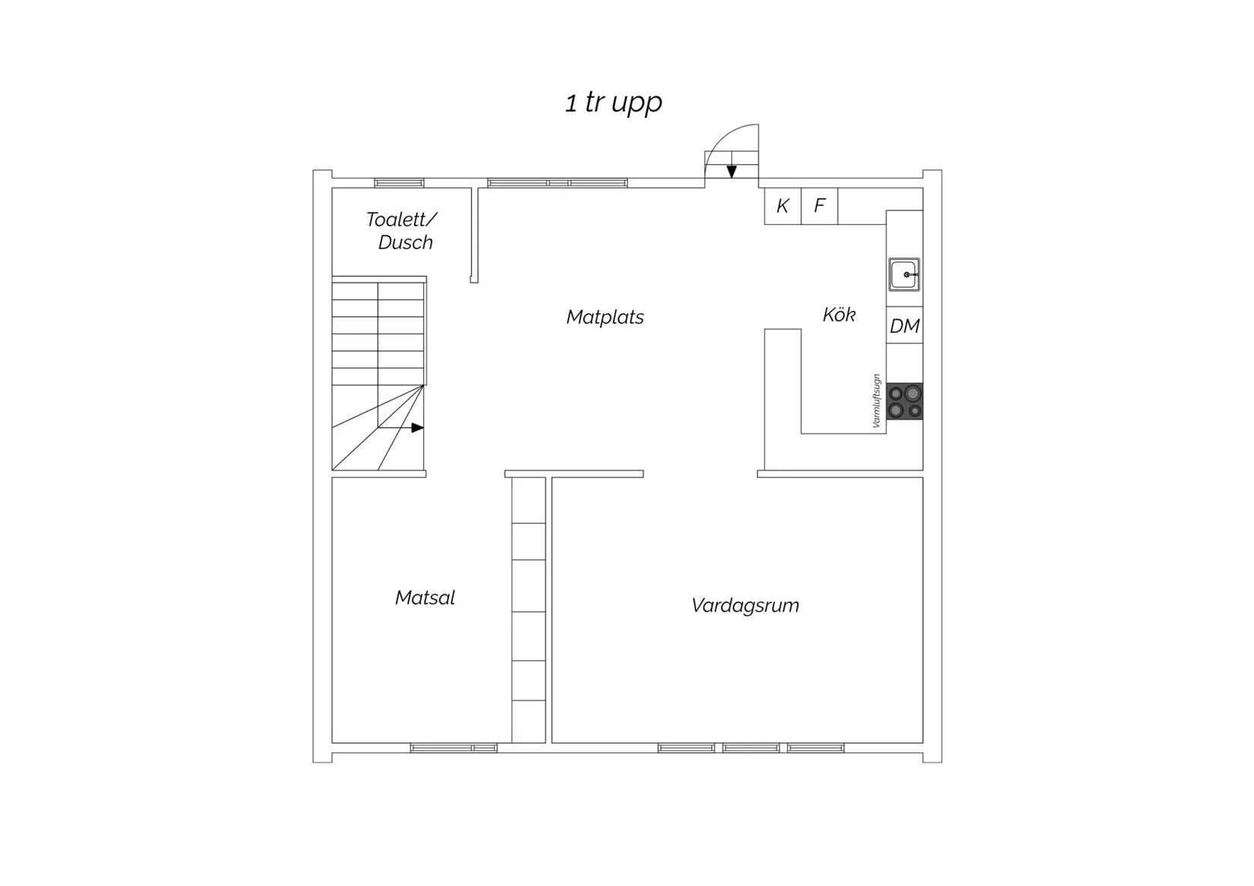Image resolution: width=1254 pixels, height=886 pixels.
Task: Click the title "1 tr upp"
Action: tap(613, 103)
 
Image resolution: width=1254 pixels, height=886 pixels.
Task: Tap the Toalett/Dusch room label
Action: tap(402, 230)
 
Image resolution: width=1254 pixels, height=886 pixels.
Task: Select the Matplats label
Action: tap(605, 318)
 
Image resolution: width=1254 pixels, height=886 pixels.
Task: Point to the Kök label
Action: tap(838, 315)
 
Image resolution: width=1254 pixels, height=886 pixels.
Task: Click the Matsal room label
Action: tap(425, 598)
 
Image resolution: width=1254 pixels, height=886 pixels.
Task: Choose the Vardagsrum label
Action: tap(745, 606)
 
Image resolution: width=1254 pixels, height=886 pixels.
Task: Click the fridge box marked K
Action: tap(783, 206)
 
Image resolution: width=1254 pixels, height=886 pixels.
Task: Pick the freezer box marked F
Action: tap(819, 206)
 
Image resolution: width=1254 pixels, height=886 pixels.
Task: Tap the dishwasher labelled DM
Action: tap(904, 325)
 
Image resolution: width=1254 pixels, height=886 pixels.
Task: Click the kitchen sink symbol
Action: tap(904, 274)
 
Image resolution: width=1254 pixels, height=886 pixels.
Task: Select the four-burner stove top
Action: tap(904, 401)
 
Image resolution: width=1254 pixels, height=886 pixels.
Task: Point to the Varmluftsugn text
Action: tap(877, 400)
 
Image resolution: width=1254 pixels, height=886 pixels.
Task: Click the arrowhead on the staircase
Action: tap(418, 428)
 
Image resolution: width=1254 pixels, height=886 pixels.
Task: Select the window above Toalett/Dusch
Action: tap(399, 183)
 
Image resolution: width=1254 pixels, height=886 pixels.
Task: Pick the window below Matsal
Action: tap(454, 748)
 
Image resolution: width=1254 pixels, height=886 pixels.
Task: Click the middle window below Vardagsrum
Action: tap(751, 748)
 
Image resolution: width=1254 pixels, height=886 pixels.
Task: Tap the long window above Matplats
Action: tap(557, 183)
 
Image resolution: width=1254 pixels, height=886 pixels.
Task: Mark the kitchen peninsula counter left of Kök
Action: tap(783, 400)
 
